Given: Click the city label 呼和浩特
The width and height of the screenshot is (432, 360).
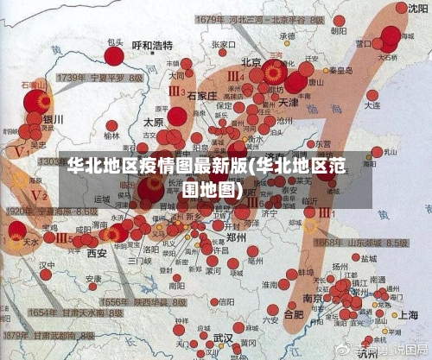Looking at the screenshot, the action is click(152, 45).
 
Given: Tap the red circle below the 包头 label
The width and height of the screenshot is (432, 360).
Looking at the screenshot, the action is click(114, 56).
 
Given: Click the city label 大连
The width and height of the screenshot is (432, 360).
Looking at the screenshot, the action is click(372, 104).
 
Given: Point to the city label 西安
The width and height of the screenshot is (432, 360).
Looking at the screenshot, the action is click(96, 253).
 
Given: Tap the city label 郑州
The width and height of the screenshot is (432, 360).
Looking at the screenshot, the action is click(235, 236).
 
